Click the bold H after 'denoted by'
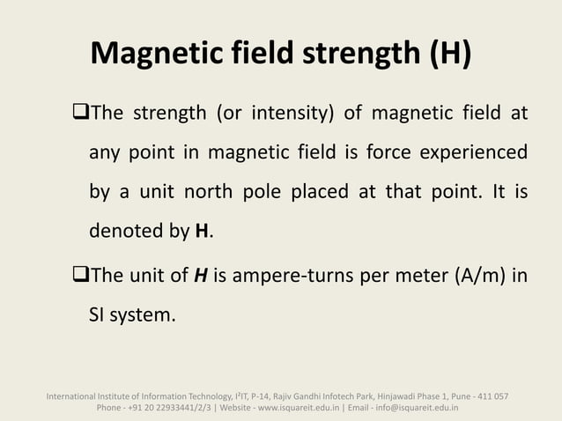pyautogui.click(x=201, y=233)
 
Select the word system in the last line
pyautogui.click(x=142, y=314)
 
